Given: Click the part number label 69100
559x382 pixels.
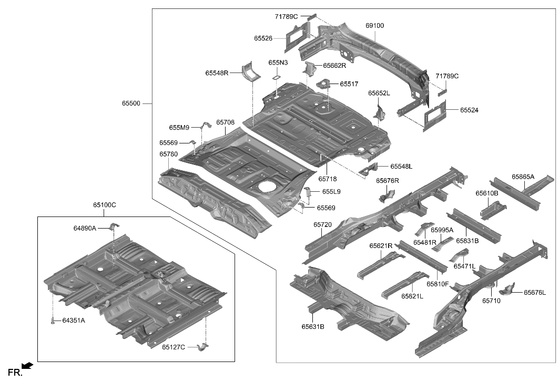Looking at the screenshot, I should (x=374, y=25).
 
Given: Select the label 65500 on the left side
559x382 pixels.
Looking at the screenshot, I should (x=131, y=104).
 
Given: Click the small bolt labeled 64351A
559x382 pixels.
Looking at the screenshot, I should (x=53, y=321).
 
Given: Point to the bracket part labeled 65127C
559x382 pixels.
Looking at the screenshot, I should (x=203, y=347).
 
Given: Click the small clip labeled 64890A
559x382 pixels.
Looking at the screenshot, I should (x=113, y=227).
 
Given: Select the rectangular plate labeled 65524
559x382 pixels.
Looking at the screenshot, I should (x=434, y=112).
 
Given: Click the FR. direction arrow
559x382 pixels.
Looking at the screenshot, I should (x=27, y=366).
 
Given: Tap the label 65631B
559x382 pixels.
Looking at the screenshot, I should (x=312, y=326).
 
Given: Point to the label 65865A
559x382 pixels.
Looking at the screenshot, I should (x=523, y=177).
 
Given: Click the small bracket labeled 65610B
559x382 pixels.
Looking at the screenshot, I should (x=493, y=210).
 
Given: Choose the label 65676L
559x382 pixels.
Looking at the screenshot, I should (x=534, y=293).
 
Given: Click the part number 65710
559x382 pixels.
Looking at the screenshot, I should (x=491, y=301).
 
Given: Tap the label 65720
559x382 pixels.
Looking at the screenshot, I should (x=322, y=225).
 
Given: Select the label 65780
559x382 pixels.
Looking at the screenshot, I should (x=168, y=154).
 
